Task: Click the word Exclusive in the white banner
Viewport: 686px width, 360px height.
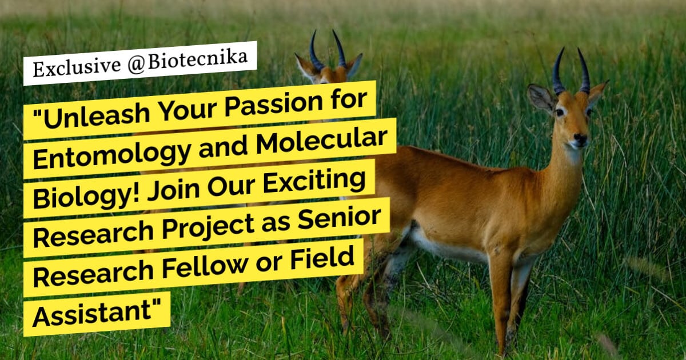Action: pos(77,67)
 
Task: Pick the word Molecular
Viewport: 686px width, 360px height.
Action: pos(322,142)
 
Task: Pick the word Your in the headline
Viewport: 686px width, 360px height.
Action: pos(188,109)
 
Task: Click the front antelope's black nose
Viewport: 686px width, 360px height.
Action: pos(580,139)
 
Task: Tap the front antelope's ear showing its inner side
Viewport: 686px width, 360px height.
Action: pos(541,98)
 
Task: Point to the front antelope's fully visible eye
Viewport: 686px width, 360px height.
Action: pos(560,113)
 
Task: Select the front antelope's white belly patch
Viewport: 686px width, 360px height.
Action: pos(450,245)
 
